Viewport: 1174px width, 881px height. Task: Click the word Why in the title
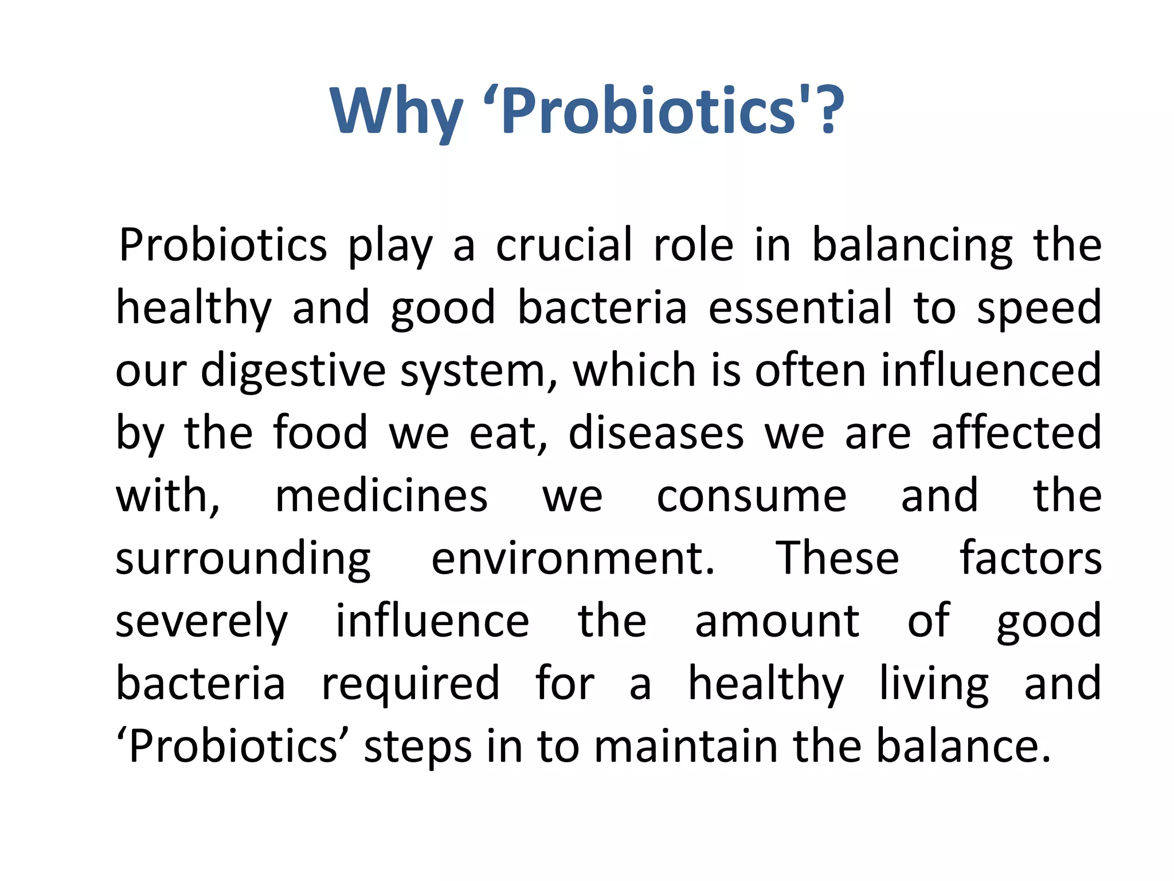(396, 112)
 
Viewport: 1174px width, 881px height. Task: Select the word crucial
(564, 245)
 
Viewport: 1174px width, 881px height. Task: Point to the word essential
(800, 308)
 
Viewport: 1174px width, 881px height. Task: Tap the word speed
(1039, 308)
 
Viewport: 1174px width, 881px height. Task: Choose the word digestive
(293, 371)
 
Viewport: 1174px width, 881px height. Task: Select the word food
(320, 433)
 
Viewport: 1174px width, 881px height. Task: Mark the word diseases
(656, 433)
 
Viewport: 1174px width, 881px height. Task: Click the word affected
(1016, 433)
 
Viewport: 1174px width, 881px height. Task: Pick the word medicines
(381, 496)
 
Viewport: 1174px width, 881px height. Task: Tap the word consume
(751, 496)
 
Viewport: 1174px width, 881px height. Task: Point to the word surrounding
(243, 559)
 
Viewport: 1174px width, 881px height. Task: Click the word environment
(573, 559)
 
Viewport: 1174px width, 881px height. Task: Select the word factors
(1030, 559)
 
